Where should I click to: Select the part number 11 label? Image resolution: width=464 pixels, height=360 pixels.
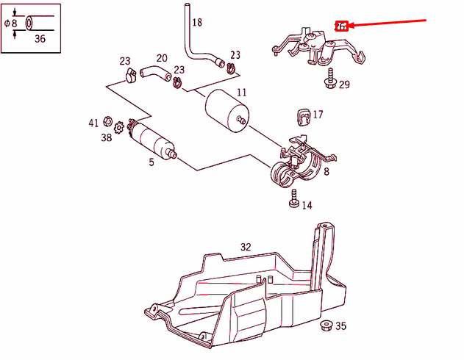(242, 93)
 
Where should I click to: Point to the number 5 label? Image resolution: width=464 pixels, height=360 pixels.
(151, 162)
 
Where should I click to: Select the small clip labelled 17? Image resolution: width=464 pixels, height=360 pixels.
(301, 115)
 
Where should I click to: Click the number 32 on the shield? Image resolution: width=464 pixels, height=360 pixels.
(246, 247)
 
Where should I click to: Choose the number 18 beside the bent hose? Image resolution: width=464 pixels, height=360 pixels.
(196, 23)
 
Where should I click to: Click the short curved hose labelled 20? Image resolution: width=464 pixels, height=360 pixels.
(154, 71)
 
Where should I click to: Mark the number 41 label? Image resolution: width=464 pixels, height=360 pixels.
(93, 123)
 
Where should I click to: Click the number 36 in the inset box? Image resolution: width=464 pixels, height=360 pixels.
(40, 39)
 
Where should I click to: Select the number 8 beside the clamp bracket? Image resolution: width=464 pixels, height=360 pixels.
(326, 172)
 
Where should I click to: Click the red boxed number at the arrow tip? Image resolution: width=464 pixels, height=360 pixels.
(341, 26)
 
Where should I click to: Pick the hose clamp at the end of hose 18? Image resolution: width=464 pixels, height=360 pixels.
(230, 68)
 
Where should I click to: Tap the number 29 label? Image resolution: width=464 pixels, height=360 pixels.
(344, 85)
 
